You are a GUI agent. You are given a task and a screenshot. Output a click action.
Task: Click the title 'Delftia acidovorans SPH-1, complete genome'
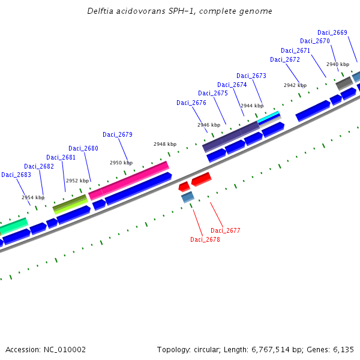click(179, 11)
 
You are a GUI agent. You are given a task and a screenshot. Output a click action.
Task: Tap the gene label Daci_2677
click(225, 230)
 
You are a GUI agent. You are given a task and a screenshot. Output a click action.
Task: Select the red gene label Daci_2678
click(205, 239)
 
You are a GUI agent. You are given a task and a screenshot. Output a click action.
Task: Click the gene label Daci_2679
click(118, 134)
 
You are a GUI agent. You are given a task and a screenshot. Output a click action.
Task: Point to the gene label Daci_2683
click(16, 175)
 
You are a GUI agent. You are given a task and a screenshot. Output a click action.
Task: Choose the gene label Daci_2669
click(332, 32)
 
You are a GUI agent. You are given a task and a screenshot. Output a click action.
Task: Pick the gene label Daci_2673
click(251, 76)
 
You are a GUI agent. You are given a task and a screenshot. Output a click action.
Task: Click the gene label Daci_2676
click(191, 103)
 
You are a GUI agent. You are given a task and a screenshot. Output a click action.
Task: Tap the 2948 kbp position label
click(165, 144)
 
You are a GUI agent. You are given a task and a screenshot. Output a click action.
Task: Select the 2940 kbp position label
click(338, 64)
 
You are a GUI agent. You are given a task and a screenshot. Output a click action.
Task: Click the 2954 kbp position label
click(33, 197)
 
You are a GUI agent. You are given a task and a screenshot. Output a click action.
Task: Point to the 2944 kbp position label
click(252, 105)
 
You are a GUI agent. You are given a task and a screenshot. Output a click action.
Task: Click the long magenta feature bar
click(129, 180)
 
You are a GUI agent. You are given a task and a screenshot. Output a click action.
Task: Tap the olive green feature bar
click(70, 203)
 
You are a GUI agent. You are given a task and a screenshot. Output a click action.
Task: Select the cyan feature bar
click(269, 116)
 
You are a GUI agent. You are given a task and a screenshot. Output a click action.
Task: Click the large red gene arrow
click(202, 179)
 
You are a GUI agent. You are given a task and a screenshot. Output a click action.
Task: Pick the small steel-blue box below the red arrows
click(188, 196)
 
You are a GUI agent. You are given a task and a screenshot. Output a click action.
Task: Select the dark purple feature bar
click(231, 136)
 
